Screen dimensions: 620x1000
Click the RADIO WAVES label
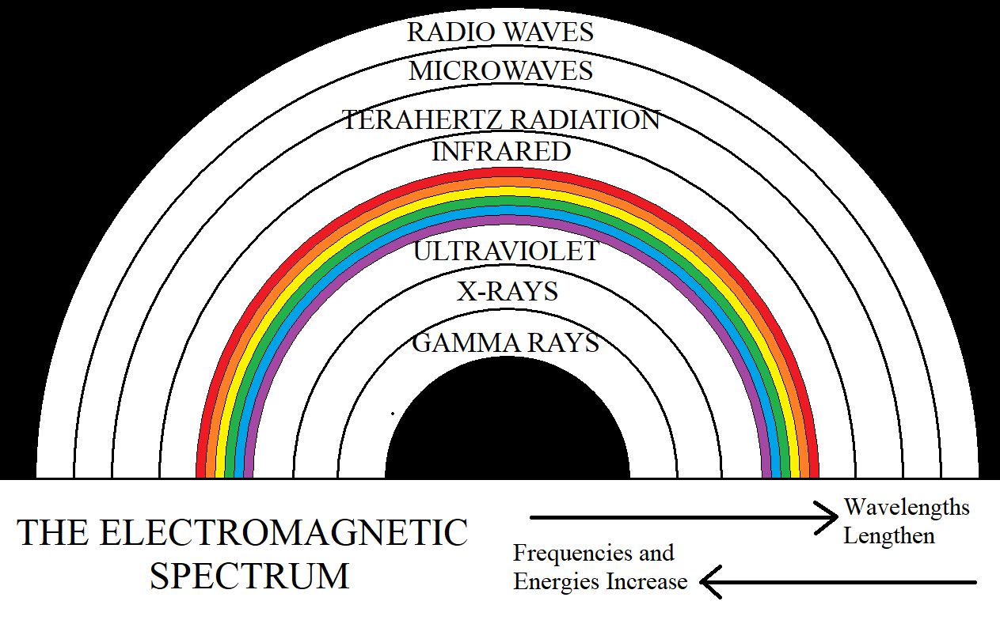click(500, 32)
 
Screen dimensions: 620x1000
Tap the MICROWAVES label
click(500, 71)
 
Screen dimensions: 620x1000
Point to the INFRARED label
click(500, 151)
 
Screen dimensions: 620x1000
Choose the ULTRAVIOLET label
click(506, 251)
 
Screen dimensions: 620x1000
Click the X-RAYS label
click(507, 291)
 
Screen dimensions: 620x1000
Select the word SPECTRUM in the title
click(249, 577)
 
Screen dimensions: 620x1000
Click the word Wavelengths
click(907, 507)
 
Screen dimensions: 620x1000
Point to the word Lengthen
click(888, 535)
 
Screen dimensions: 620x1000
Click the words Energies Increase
click(600, 582)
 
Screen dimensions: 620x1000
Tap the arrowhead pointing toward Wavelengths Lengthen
click(827, 518)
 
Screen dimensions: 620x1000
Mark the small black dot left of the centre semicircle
click(393, 413)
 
